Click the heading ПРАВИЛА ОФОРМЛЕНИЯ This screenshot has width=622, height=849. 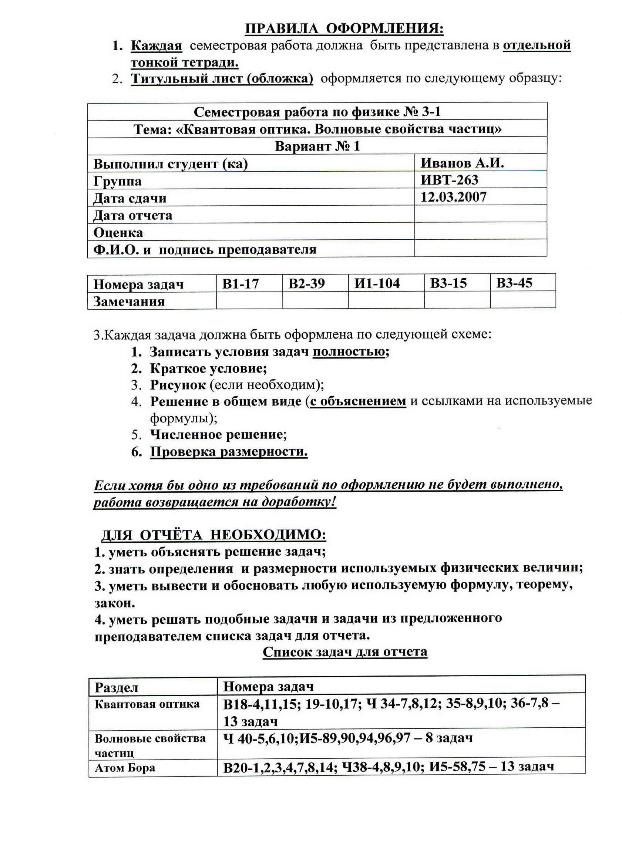[x=344, y=28]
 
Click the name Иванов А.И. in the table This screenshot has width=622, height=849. [x=462, y=163]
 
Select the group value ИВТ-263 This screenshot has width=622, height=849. [x=449, y=180]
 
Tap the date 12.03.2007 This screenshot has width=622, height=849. [x=453, y=197]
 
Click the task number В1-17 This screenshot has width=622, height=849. [x=241, y=283]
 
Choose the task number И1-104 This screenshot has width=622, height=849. [x=377, y=283]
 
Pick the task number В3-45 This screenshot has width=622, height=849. [x=514, y=283]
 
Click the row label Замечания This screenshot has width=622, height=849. [x=129, y=301]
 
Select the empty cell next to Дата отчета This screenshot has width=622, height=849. [x=480, y=214]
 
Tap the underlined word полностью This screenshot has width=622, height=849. [x=349, y=351]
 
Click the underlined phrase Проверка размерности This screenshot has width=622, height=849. [x=229, y=451]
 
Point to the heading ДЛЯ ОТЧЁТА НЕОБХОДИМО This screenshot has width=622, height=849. [x=214, y=535]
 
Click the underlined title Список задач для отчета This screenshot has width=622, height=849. [x=345, y=652]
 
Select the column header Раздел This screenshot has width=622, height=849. [x=116, y=688]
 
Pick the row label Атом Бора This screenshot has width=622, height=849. [x=125, y=768]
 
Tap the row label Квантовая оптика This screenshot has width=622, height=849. [x=147, y=704]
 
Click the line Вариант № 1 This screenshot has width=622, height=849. [x=317, y=146]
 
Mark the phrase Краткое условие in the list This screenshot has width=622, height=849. [x=208, y=368]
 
